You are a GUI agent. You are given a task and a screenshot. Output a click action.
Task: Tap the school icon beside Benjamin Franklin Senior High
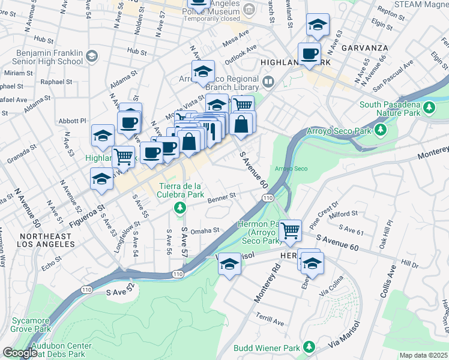click(91, 56)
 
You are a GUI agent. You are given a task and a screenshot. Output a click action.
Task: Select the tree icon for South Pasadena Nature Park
click(429, 107)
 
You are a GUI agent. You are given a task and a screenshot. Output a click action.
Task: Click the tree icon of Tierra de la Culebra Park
click(179, 208)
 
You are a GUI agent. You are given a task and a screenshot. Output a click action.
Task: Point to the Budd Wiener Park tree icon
click(309, 347)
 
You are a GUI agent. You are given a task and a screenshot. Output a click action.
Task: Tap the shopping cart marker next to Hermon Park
click(291, 229)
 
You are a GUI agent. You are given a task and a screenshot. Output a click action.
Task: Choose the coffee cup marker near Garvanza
click(310, 53)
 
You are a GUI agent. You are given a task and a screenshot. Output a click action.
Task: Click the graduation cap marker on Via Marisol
click(229, 264)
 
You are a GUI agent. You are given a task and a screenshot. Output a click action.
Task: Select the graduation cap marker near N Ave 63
click(318, 25)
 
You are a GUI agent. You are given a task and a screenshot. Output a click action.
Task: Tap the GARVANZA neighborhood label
click(360, 46)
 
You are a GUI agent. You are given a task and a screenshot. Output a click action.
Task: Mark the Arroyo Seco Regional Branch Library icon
click(268, 80)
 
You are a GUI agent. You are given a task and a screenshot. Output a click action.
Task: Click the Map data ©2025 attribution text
click(423, 355)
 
